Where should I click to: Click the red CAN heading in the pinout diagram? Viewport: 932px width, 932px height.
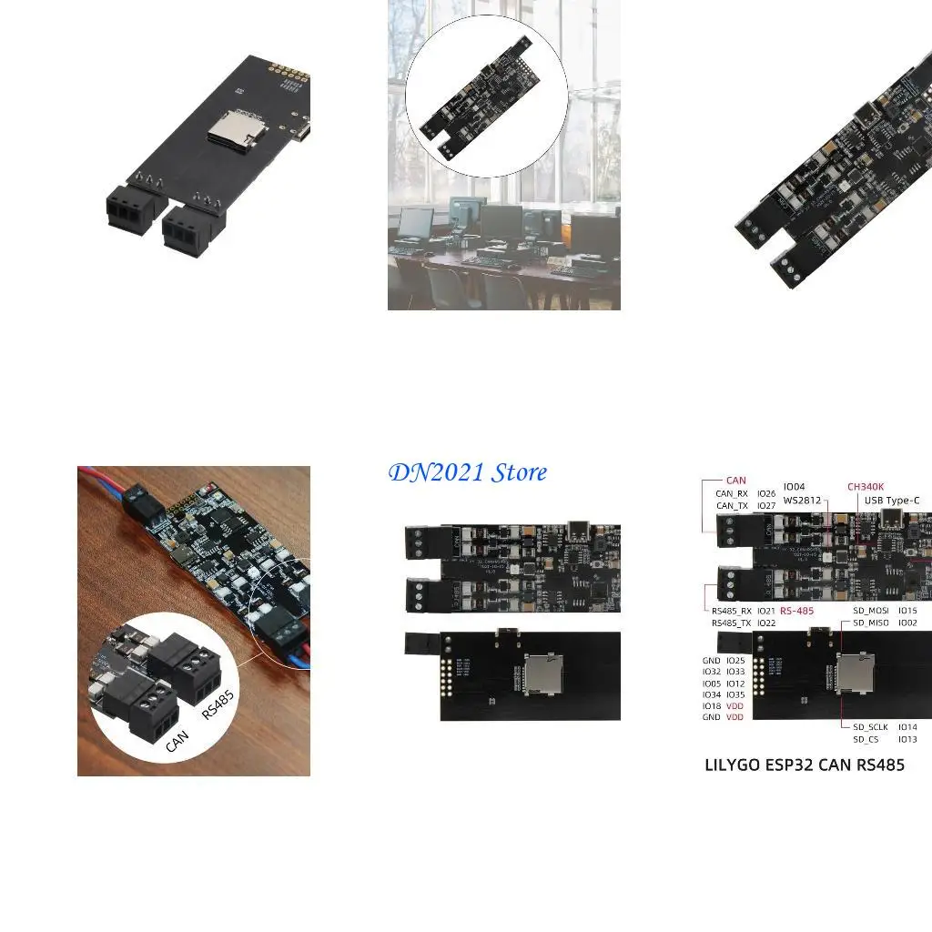735,480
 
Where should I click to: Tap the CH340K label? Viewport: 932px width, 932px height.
866,487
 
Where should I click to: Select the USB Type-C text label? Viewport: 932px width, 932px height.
891,501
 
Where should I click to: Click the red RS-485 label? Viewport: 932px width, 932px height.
797,611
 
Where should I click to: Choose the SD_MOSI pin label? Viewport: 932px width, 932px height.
871,611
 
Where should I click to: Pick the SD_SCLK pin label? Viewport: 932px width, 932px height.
871,727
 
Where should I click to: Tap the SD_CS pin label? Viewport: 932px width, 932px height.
866,740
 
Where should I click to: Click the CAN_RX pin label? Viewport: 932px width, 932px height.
732,493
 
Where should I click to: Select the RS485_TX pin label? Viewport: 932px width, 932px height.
732,623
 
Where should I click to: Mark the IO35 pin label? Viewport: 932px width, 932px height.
735,694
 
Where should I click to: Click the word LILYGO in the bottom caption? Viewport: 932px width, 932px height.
733,765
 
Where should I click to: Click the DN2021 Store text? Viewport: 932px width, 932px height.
468,472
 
